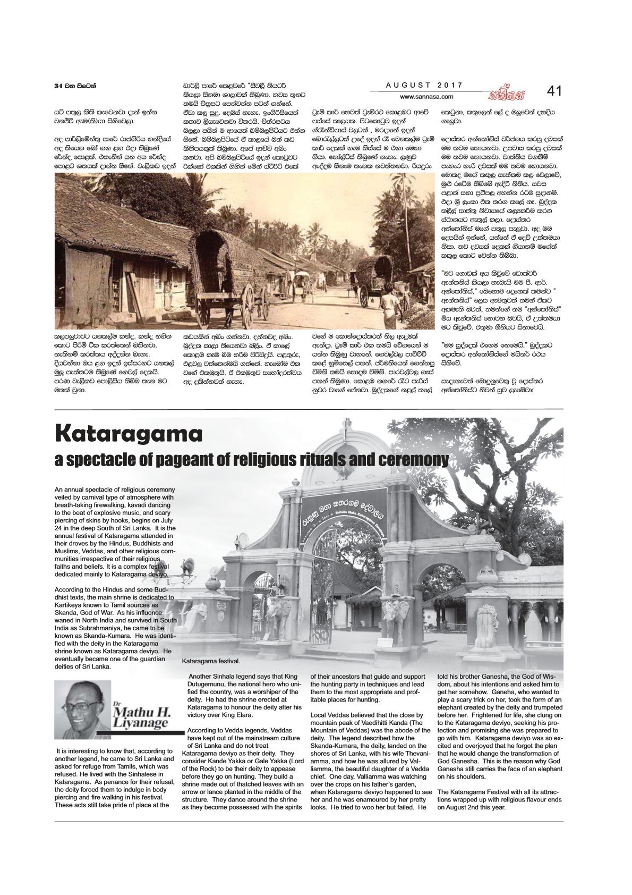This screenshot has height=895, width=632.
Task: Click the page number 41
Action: click(x=554, y=91)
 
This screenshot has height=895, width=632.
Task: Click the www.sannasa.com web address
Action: click(x=426, y=97)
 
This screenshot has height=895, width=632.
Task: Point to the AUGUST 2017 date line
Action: click(x=424, y=85)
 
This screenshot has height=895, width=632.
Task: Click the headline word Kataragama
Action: click(x=129, y=434)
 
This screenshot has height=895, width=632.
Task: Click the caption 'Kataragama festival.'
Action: click(x=211, y=662)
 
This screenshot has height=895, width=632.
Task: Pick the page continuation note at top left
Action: click(x=77, y=86)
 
